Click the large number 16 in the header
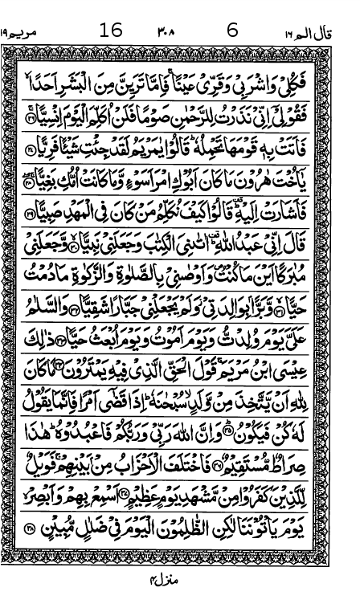(111, 31)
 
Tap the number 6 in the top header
(233, 31)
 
